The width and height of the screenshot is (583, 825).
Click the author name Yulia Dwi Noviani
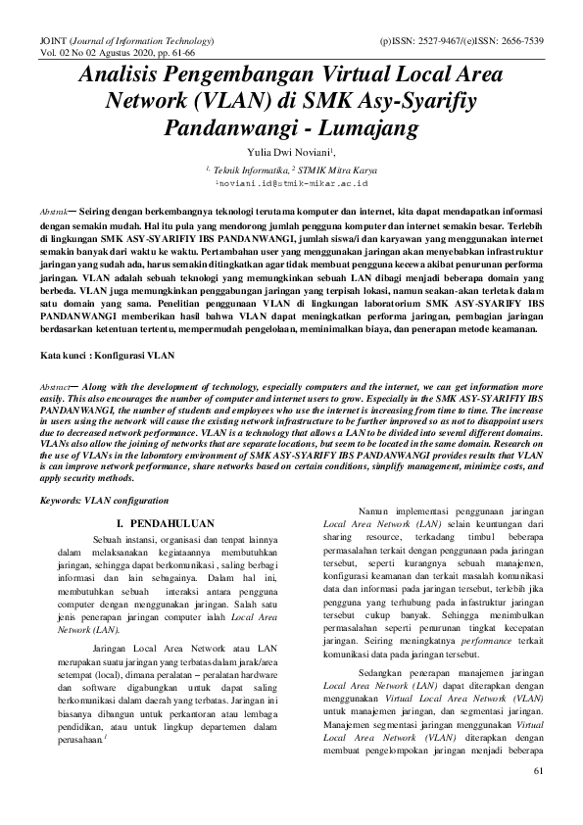coord(290,152)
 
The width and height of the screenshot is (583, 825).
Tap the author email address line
coord(291,182)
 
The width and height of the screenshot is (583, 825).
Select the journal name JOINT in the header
coord(50,43)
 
